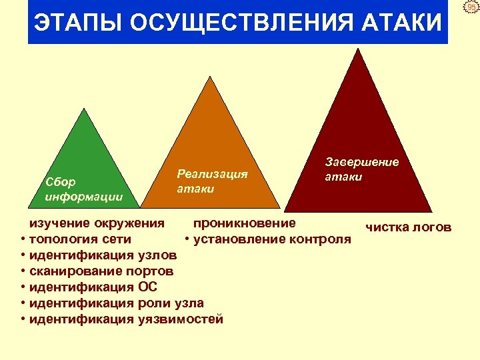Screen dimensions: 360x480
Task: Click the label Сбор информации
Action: [83, 189]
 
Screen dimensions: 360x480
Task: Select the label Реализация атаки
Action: [212, 181]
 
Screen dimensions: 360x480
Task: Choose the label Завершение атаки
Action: [361, 169]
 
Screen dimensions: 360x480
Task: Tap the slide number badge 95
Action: [471, 7]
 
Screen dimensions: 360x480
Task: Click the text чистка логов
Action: [408, 227]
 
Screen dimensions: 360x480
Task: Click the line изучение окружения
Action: [95, 223]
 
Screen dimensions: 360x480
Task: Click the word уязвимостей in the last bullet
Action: [181, 319]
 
